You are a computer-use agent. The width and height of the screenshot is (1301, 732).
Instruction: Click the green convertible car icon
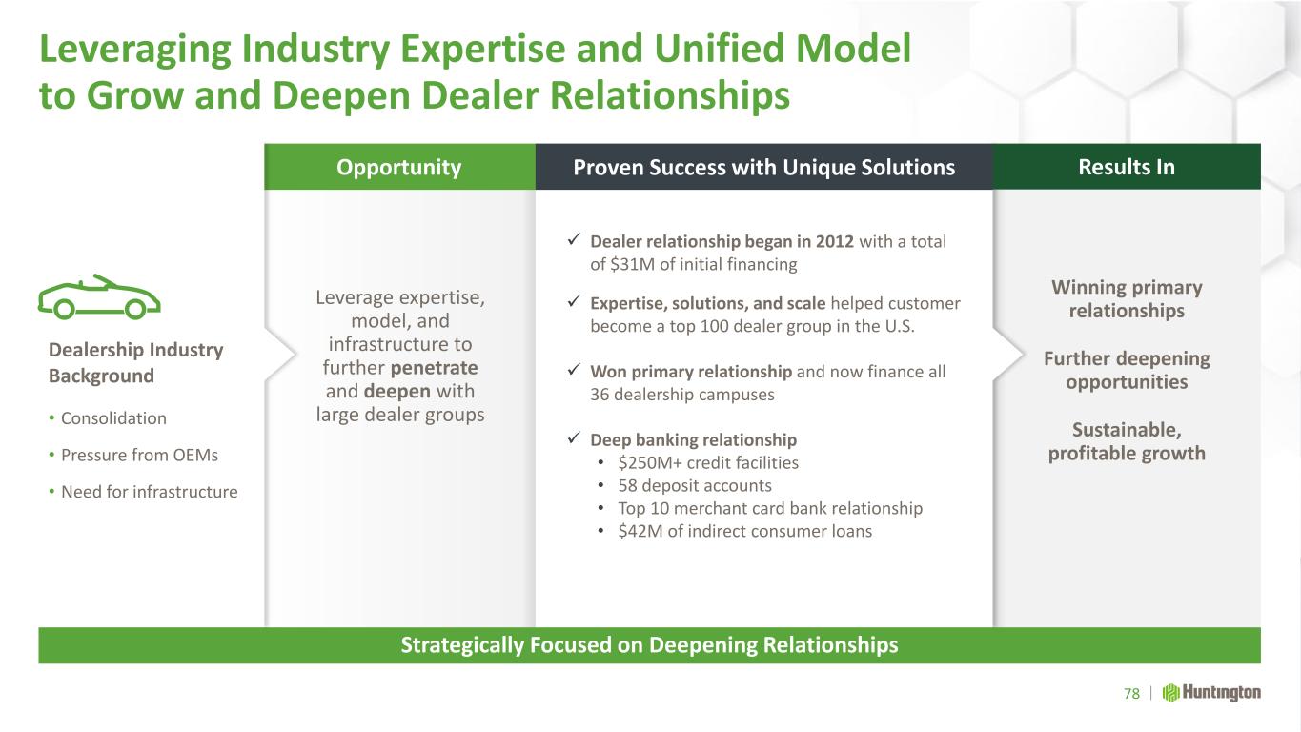99,297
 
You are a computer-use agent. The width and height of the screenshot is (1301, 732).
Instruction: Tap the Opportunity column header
399,168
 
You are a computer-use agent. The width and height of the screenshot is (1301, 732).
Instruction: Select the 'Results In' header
1127,168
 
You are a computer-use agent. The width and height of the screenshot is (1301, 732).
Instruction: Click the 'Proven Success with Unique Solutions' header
763,168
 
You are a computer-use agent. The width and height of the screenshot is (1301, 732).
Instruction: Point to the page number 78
1131,694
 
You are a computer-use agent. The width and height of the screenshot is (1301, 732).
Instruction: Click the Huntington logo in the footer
1211,693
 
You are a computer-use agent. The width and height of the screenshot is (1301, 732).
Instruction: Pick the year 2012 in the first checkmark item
835,241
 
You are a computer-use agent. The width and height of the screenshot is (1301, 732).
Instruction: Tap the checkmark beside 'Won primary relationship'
574,369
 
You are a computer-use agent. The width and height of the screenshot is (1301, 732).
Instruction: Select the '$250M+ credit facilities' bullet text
708,462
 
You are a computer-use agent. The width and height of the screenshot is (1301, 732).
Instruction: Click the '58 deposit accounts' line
695,485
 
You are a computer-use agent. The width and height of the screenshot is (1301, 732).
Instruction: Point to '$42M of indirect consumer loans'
745,531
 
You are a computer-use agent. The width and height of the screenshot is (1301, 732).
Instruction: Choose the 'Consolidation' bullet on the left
113,418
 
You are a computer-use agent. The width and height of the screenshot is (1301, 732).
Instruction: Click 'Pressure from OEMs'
139,455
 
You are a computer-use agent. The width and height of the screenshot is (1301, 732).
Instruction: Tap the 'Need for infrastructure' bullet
150,492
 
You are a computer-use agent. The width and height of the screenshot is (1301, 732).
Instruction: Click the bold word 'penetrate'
434,368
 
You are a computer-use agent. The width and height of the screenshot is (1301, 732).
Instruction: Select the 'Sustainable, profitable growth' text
1127,441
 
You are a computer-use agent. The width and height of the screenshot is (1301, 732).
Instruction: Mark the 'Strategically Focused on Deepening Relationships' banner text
649,645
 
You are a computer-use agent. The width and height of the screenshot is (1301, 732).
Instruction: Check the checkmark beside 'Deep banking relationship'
574,437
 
